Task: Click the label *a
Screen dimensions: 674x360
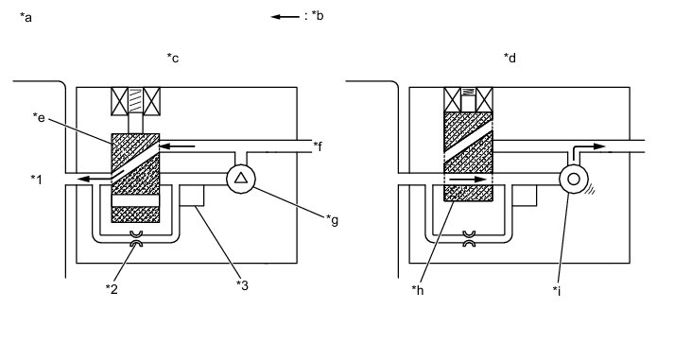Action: (x=26, y=17)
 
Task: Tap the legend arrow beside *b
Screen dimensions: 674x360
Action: (x=285, y=17)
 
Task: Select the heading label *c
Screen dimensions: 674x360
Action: (x=173, y=58)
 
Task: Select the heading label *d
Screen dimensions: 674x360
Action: (x=510, y=57)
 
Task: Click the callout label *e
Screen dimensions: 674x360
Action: (x=39, y=117)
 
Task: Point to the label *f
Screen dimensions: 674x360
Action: (x=318, y=146)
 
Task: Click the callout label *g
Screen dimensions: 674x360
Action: (x=332, y=220)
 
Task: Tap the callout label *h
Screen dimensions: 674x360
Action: (x=418, y=290)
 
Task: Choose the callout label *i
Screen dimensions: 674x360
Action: (x=557, y=291)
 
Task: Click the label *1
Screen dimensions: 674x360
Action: (x=37, y=180)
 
